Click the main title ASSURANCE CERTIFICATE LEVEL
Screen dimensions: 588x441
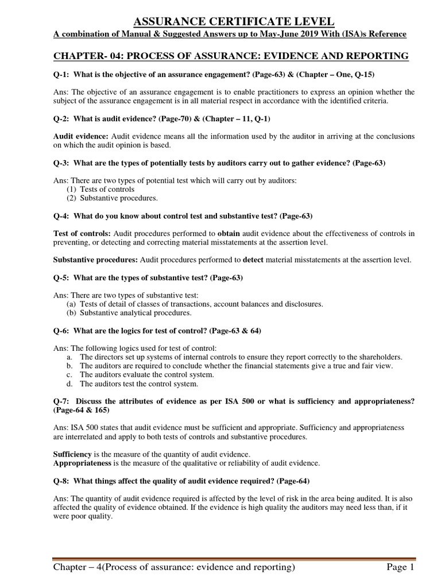(x=233, y=22)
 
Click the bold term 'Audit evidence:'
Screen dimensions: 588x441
(x=80, y=136)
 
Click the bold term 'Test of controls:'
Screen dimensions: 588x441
(x=82, y=233)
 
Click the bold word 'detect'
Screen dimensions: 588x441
(x=254, y=260)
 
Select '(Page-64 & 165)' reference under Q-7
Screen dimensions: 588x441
(x=83, y=410)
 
